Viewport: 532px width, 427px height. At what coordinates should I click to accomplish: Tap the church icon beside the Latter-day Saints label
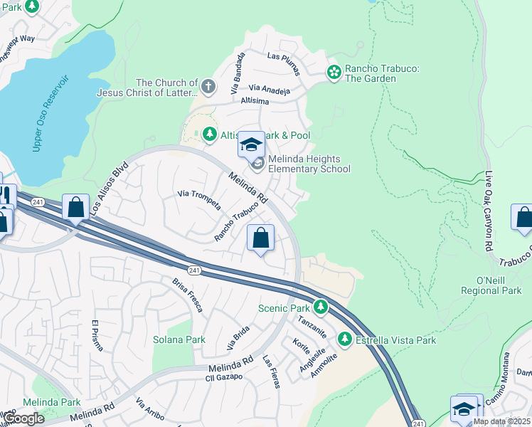pos(208,88)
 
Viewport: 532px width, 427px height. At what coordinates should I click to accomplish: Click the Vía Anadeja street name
pos(269,90)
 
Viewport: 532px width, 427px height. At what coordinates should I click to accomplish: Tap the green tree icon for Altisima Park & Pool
pos(209,134)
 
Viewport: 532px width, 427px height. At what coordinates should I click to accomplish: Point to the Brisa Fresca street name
pos(187,294)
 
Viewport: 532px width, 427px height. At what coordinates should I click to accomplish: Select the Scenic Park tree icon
pos(321,307)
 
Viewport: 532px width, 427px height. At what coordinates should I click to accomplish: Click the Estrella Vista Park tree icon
pos(345,339)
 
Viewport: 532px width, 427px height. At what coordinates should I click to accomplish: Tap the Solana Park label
pos(179,340)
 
